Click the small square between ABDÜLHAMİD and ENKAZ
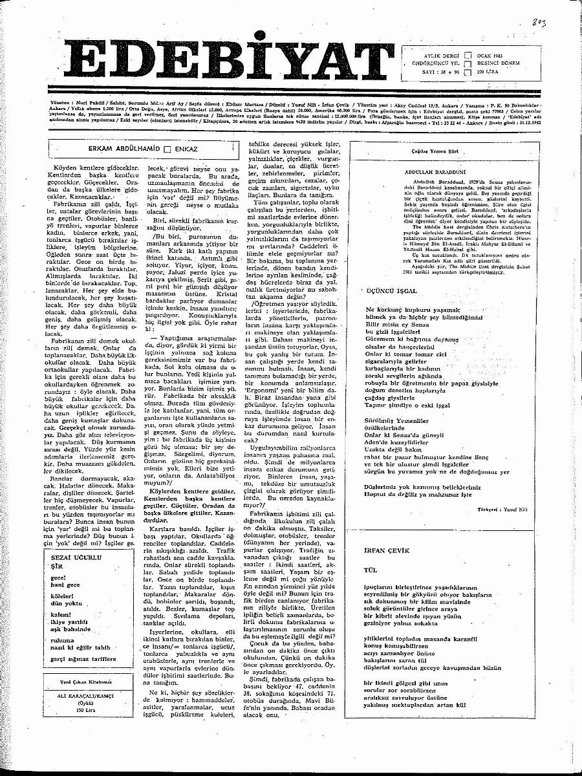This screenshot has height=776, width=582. pos(167,148)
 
